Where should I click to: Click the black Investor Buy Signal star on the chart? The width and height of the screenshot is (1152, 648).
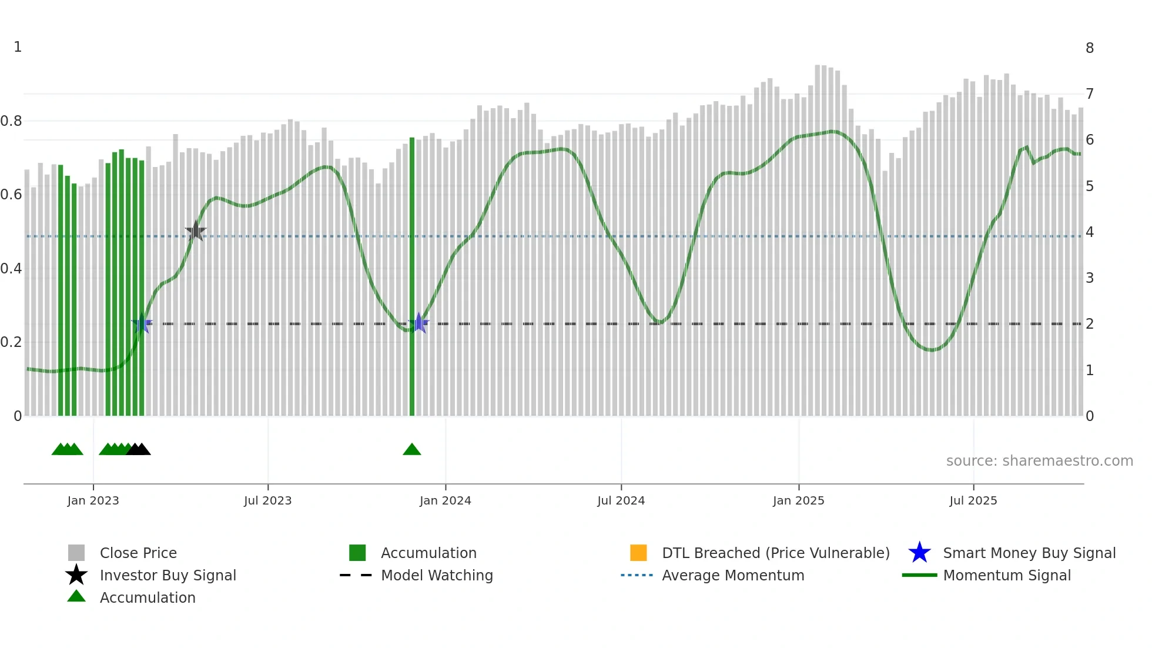click(x=196, y=231)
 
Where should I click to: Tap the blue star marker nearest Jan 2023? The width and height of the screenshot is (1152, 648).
click(x=142, y=323)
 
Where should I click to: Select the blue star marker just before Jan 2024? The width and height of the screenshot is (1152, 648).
click(x=418, y=323)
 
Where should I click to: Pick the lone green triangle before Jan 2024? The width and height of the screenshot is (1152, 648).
click(x=412, y=450)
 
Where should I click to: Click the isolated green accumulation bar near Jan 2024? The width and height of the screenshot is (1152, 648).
click(x=412, y=276)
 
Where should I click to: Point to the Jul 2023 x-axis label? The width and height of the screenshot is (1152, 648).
click(x=268, y=500)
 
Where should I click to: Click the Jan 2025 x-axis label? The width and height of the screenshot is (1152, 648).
click(x=798, y=500)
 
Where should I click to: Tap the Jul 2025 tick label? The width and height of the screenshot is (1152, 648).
click(x=973, y=500)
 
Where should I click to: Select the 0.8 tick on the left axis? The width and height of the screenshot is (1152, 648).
click(x=11, y=121)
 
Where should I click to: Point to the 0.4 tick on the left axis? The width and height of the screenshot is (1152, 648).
click(x=11, y=269)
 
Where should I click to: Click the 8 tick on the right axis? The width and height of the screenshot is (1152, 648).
click(x=1090, y=48)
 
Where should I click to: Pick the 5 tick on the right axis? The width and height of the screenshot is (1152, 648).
click(x=1090, y=186)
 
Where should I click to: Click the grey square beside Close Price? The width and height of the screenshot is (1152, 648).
click(x=76, y=553)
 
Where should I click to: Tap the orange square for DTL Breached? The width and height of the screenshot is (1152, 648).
click(x=638, y=553)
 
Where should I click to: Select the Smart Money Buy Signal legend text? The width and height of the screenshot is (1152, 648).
click(x=1029, y=553)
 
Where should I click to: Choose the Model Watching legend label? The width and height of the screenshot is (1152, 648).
click(x=437, y=575)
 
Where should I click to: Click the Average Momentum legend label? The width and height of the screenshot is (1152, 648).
click(x=733, y=575)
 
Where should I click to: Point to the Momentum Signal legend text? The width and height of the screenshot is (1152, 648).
click(x=1007, y=575)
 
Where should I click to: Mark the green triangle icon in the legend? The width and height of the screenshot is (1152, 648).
click(x=76, y=596)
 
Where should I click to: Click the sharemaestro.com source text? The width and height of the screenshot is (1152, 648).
click(x=1039, y=461)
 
